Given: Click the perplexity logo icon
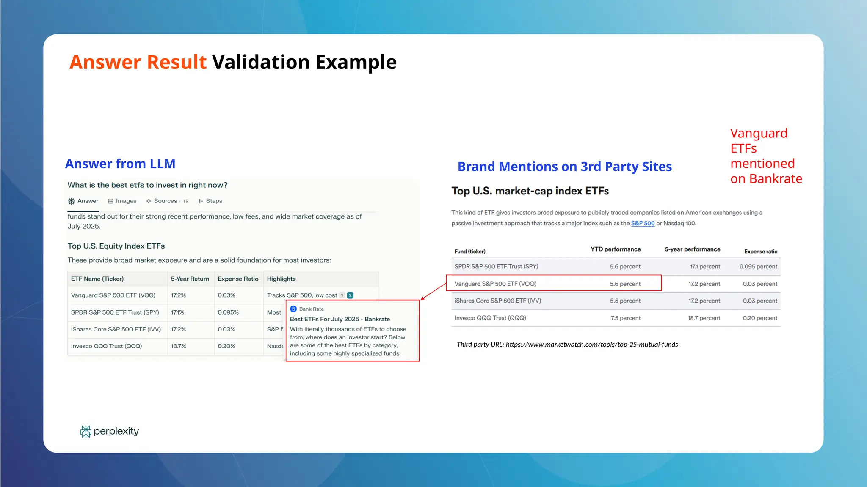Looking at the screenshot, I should click(86, 431).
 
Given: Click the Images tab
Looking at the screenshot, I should click(122, 201).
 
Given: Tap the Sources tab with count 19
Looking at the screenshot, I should click(167, 201).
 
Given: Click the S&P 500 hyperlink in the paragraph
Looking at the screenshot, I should click(643, 223).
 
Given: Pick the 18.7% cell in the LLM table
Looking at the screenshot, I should click(179, 346).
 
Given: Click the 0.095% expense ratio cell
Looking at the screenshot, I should click(228, 312).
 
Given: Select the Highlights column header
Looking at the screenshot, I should click(281, 279).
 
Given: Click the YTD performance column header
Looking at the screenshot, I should click(616, 249).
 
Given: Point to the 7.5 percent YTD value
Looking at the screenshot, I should click(625, 318).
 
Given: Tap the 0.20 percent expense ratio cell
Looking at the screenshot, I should click(760, 318).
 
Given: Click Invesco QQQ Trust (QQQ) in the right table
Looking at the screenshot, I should click(490, 318).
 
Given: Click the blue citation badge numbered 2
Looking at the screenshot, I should click(350, 295).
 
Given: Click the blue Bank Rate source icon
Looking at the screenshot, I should click(293, 309).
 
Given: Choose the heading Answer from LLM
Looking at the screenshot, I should click(120, 164).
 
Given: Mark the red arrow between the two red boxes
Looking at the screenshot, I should click(433, 291).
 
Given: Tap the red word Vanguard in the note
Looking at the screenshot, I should click(759, 133).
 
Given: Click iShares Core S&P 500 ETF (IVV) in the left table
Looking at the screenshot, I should click(116, 329).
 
